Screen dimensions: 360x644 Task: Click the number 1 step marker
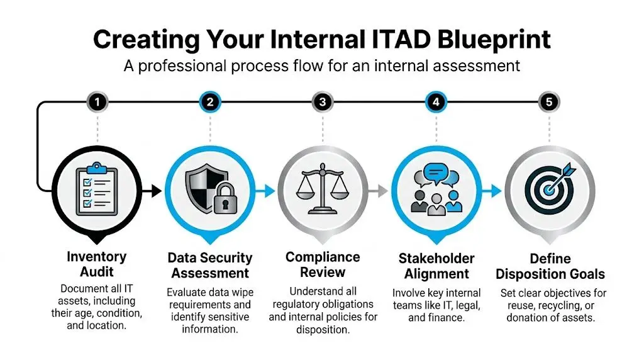pos(97,101)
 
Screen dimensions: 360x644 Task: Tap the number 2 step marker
pos(210,101)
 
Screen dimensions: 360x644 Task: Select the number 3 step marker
pos(322,101)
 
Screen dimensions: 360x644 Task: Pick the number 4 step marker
pos(435,101)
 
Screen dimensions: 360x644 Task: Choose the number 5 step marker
pos(548,101)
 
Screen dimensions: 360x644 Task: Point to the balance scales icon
pos(322,188)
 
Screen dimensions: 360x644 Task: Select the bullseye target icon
pos(548,189)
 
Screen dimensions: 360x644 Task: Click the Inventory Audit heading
pos(96,264)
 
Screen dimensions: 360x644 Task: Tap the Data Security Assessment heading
pos(209,266)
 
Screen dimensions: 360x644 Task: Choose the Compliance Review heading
pos(323,264)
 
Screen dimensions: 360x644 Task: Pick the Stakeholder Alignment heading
pos(436,266)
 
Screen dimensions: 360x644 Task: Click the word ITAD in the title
pos(394,39)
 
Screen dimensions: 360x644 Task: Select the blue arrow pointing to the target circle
pos(494,189)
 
